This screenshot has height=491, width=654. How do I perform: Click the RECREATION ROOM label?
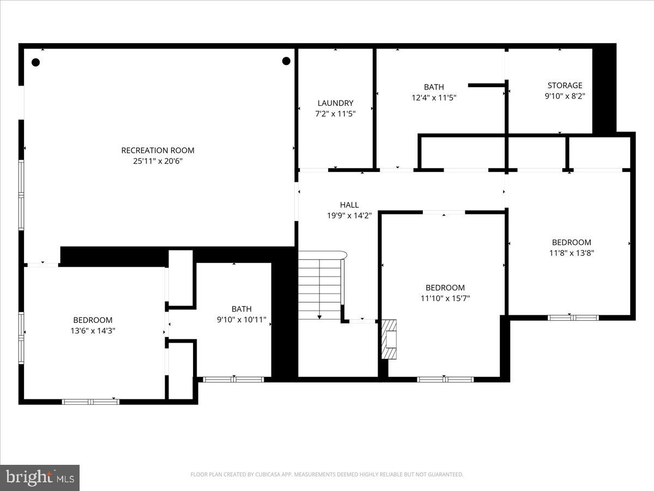click(158, 151)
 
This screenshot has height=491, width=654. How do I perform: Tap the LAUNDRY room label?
click(335, 103)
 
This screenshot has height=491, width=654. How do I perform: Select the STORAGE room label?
click(565, 86)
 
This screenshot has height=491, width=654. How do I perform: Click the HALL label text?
click(349, 205)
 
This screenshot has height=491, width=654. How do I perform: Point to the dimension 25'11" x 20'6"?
click(158, 161)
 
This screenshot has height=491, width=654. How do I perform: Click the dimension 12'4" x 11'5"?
click(434, 98)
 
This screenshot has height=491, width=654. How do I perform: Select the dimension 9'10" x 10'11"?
click(241, 320)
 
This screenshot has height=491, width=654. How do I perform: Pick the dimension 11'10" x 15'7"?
click(445, 298)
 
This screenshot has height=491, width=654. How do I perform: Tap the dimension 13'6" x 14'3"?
click(93, 331)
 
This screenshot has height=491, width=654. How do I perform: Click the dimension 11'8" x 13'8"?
click(571, 253)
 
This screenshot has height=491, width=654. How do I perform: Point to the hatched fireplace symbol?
click(389, 339)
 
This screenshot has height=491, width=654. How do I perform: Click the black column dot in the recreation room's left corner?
click(35, 62)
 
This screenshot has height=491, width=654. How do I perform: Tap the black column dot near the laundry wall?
click(286, 61)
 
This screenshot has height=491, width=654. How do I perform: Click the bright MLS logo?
click(40, 478)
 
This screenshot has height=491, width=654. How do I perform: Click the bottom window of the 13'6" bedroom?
click(90, 402)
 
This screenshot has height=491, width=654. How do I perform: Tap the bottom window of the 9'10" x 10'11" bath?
click(233, 379)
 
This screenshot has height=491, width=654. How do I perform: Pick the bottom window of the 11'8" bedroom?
click(573, 318)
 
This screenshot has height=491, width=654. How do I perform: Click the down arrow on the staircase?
click(319, 316)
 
